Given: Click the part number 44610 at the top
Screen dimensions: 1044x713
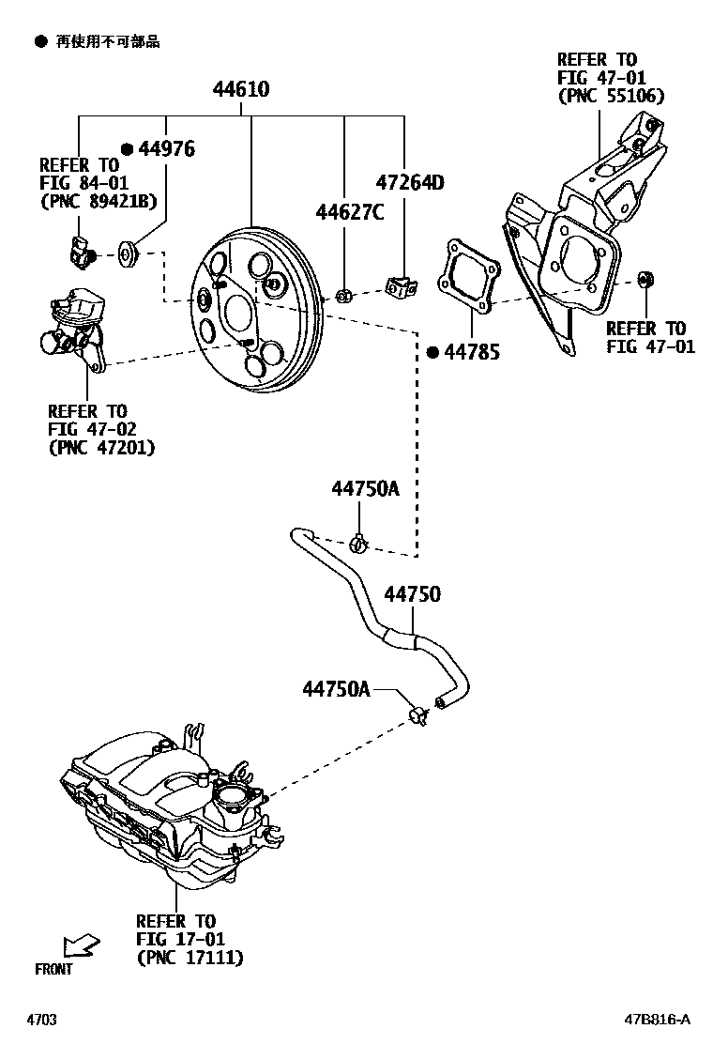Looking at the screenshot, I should coord(240,90).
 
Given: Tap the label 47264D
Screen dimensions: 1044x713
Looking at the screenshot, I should coord(409,182).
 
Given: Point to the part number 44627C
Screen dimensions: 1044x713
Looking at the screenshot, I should coord(349,213).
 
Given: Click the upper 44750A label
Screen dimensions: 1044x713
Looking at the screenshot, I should coord(364,489).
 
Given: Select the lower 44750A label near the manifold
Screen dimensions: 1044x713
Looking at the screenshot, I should coord(336,689).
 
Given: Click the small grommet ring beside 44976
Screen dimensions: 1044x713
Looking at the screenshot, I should coord(128,252).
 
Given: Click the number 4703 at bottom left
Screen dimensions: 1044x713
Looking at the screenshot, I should coord(41,1020).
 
